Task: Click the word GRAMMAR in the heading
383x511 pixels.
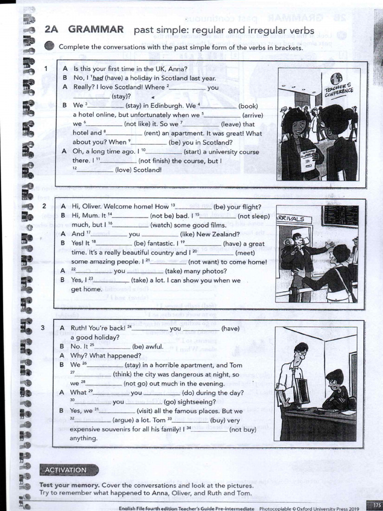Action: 96,30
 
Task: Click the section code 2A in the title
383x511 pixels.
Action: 52,30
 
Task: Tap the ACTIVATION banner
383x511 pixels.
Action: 65,470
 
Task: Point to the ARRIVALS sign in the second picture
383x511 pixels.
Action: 294,219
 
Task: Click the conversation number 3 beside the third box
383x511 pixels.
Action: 44,328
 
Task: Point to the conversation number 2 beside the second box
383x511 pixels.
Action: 44,206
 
